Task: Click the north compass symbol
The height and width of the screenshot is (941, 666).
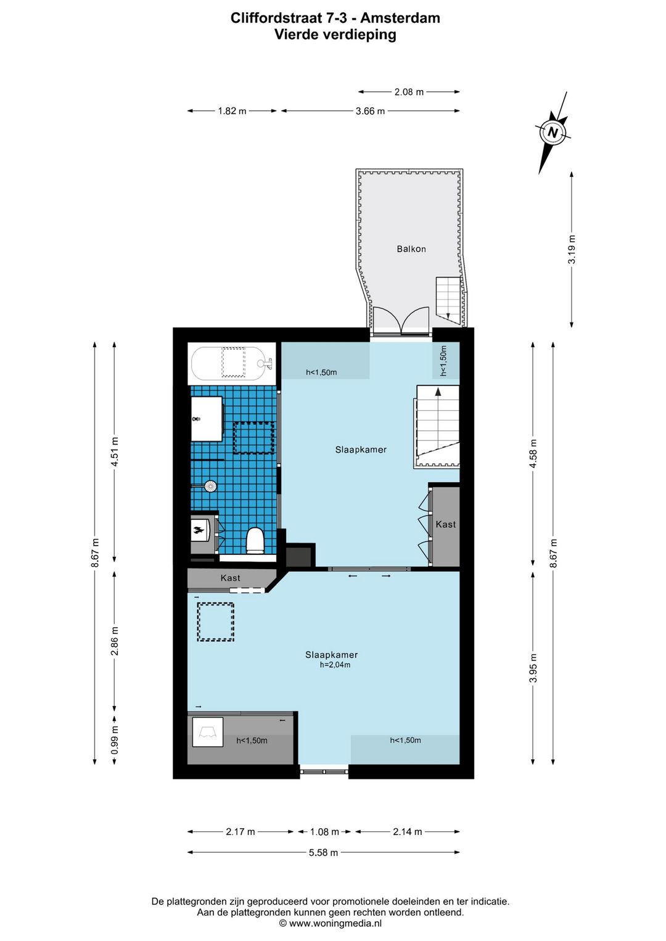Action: coord(553,133)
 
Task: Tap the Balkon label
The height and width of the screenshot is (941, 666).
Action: coord(411,249)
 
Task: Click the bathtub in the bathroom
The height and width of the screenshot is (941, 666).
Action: coord(231,364)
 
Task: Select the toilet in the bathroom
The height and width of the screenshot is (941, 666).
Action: coord(255,541)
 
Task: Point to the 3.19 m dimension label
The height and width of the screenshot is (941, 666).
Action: coord(572,250)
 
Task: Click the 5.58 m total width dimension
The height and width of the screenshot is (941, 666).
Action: coord(323,852)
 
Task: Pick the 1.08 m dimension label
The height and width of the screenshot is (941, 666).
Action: coord(324,832)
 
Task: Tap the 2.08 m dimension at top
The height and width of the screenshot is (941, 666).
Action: coord(409,92)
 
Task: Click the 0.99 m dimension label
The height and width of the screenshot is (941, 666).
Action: coord(115,740)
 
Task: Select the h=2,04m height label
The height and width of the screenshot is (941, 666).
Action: coord(335,665)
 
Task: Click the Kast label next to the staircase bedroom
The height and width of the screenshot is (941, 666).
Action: coord(446,525)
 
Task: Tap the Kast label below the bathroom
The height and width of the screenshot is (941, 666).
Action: coord(231,578)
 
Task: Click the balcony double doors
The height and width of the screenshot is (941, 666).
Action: coord(401,321)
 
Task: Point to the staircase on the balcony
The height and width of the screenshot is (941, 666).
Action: coord(449,299)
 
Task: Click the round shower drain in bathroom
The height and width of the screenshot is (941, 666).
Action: coord(211,486)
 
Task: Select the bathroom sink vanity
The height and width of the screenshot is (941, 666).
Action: coord(207,419)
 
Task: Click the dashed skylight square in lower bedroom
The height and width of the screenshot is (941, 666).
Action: coord(215,622)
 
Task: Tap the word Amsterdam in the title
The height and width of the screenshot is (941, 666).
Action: coord(400,18)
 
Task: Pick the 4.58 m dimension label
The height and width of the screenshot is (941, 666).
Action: coord(533,453)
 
